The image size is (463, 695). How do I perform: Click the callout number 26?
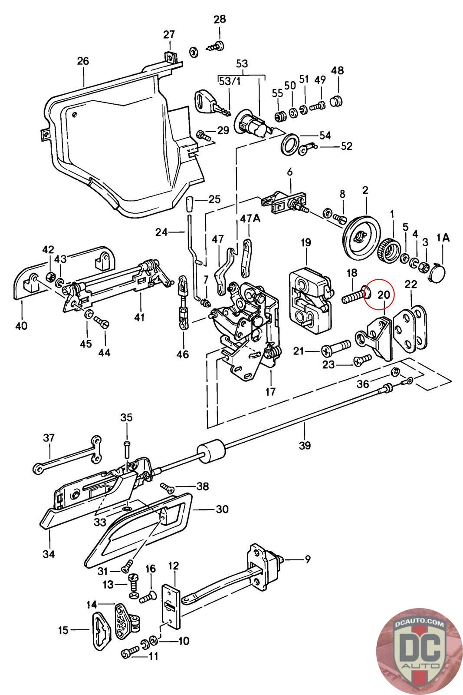tap(83, 61)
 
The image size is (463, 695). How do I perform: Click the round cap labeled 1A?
tap(437, 272)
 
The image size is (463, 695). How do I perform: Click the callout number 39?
tap(305, 445)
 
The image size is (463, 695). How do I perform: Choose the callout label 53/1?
tap(230, 82)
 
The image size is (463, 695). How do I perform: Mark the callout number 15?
tap(63, 630)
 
